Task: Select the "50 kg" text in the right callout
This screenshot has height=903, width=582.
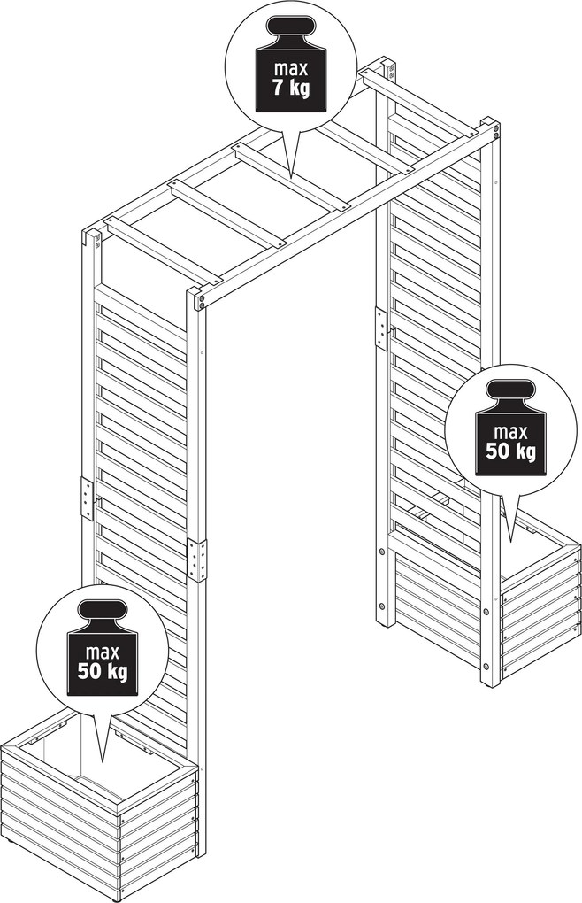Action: [x=510, y=451]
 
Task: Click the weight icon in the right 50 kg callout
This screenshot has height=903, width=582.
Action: [x=510, y=398]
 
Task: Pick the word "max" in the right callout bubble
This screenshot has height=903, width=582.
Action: [x=510, y=431]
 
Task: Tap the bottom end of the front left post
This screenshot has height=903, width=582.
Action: [x=201, y=850]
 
